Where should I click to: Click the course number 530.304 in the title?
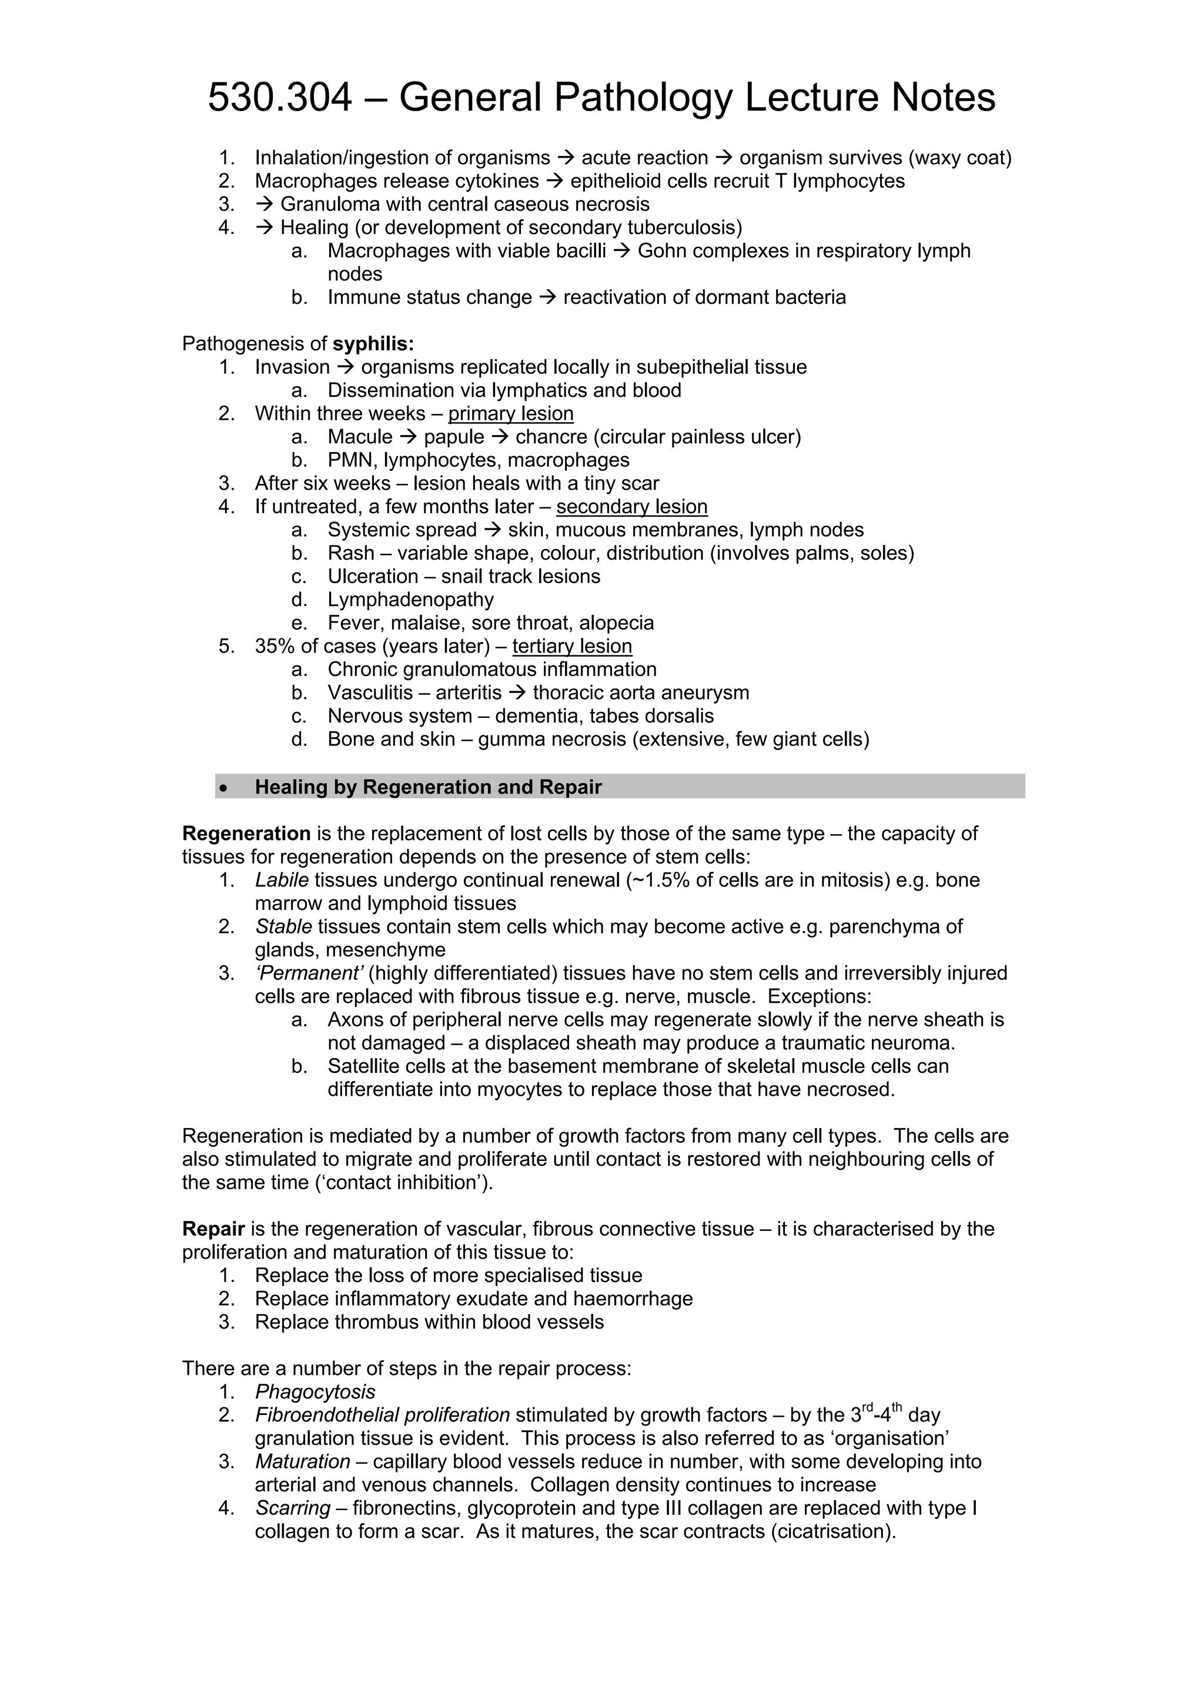[x=280, y=97]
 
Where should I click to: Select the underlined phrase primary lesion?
[x=510, y=414]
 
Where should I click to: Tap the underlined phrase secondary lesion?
[x=631, y=507]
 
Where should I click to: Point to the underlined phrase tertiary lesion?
[x=572, y=646]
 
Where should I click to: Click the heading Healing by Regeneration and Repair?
[x=428, y=787]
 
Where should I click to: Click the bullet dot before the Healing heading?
[x=223, y=788]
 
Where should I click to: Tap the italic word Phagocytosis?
[x=315, y=1392]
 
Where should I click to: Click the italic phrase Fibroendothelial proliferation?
[x=382, y=1415]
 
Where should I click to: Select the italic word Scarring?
[x=292, y=1508]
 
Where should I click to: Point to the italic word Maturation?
[x=302, y=1462]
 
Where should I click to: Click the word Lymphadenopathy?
[x=410, y=600]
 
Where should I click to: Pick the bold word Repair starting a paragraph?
[x=213, y=1229]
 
